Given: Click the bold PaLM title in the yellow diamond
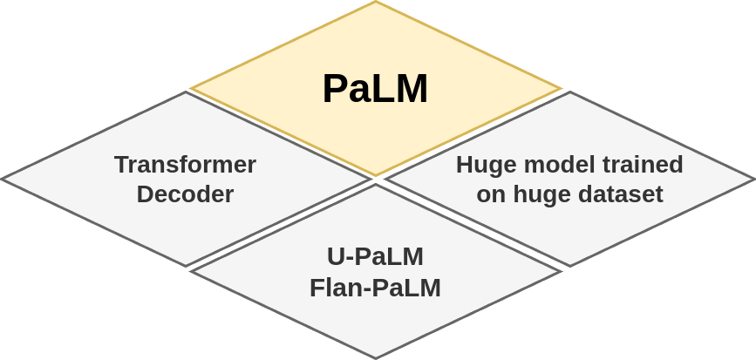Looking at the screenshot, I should pyautogui.click(x=375, y=89).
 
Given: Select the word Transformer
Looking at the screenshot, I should pyautogui.click(x=185, y=164).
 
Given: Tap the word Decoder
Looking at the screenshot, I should pyautogui.click(x=185, y=194).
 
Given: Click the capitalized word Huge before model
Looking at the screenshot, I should pyautogui.click(x=486, y=164).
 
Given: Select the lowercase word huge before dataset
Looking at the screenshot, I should pyautogui.click(x=535, y=194).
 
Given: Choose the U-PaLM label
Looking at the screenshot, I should pyautogui.click(x=375, y=256).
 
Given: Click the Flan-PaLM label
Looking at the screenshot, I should pyautogui.click(x=375, y=287).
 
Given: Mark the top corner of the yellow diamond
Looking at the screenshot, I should pyautogui.click(x=376, y=2).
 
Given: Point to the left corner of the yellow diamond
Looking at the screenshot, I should pyautogui.click(x=192, y=88).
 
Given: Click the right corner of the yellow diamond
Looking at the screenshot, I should pyautogui.click(x=560, y=88).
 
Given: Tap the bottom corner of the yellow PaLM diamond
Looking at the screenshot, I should pyautogui.click(x=376, y=175).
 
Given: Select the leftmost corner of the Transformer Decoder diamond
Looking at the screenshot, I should pyautogui.click(x=2, y=179).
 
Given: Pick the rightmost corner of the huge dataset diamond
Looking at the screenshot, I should pyautogui.click(x=754, y=180).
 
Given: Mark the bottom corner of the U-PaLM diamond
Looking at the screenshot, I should pyautogui.click(x=376, y=358).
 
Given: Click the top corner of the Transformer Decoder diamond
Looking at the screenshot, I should pyautogui.click(x=186, y=92).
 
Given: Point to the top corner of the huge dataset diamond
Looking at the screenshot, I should pyautogui.click(x=570, y=92).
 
